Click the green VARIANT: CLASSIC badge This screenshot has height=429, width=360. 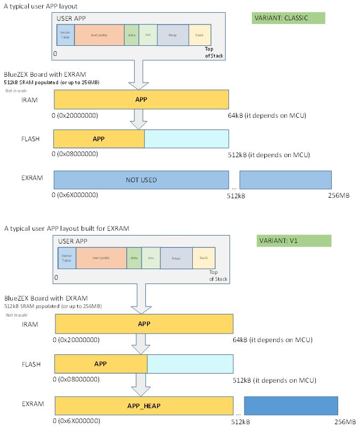click(288, 18)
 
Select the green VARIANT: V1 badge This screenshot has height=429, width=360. click(293, 240)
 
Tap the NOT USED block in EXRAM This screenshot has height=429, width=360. click(141, 180)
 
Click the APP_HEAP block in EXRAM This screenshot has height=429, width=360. click(144, 406)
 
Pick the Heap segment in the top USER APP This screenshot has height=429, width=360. click(173, 35)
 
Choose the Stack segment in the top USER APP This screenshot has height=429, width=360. click(199, 35)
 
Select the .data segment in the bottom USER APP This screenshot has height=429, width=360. click(133, 258)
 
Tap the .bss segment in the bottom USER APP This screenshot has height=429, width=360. click(151, 258)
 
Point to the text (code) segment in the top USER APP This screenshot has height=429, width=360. click(99, 35)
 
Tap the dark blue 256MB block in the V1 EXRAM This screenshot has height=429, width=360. click(291, 406)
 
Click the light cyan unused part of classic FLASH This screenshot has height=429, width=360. click(186, 139)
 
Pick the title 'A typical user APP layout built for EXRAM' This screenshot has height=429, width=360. click(67, 229)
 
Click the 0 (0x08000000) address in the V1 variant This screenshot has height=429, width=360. click(77, 380)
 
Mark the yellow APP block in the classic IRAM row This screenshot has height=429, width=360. click(141, 99)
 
